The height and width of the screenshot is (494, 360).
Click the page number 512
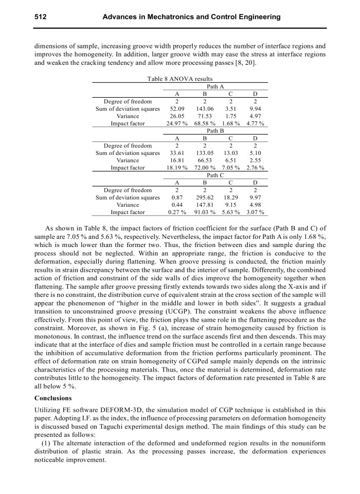coord(41,17)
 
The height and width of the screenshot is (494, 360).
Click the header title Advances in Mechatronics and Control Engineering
coord(191,17)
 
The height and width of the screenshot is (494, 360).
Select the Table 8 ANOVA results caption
coord(179,79)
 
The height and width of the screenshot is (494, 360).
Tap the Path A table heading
coord(215,86)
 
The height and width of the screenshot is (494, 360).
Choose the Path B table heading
coord(215,131)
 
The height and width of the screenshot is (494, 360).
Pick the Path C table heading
coord(215,175)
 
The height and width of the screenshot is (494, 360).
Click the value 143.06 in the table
coord(204,109)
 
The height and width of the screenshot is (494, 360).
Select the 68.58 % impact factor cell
coord(204,123)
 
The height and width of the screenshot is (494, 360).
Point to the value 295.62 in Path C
coord(204,198)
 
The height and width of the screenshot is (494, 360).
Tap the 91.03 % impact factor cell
coord(204,212)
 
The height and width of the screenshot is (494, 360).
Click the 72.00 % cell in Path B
coord(204,168)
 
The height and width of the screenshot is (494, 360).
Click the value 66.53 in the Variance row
coord(204,161)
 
